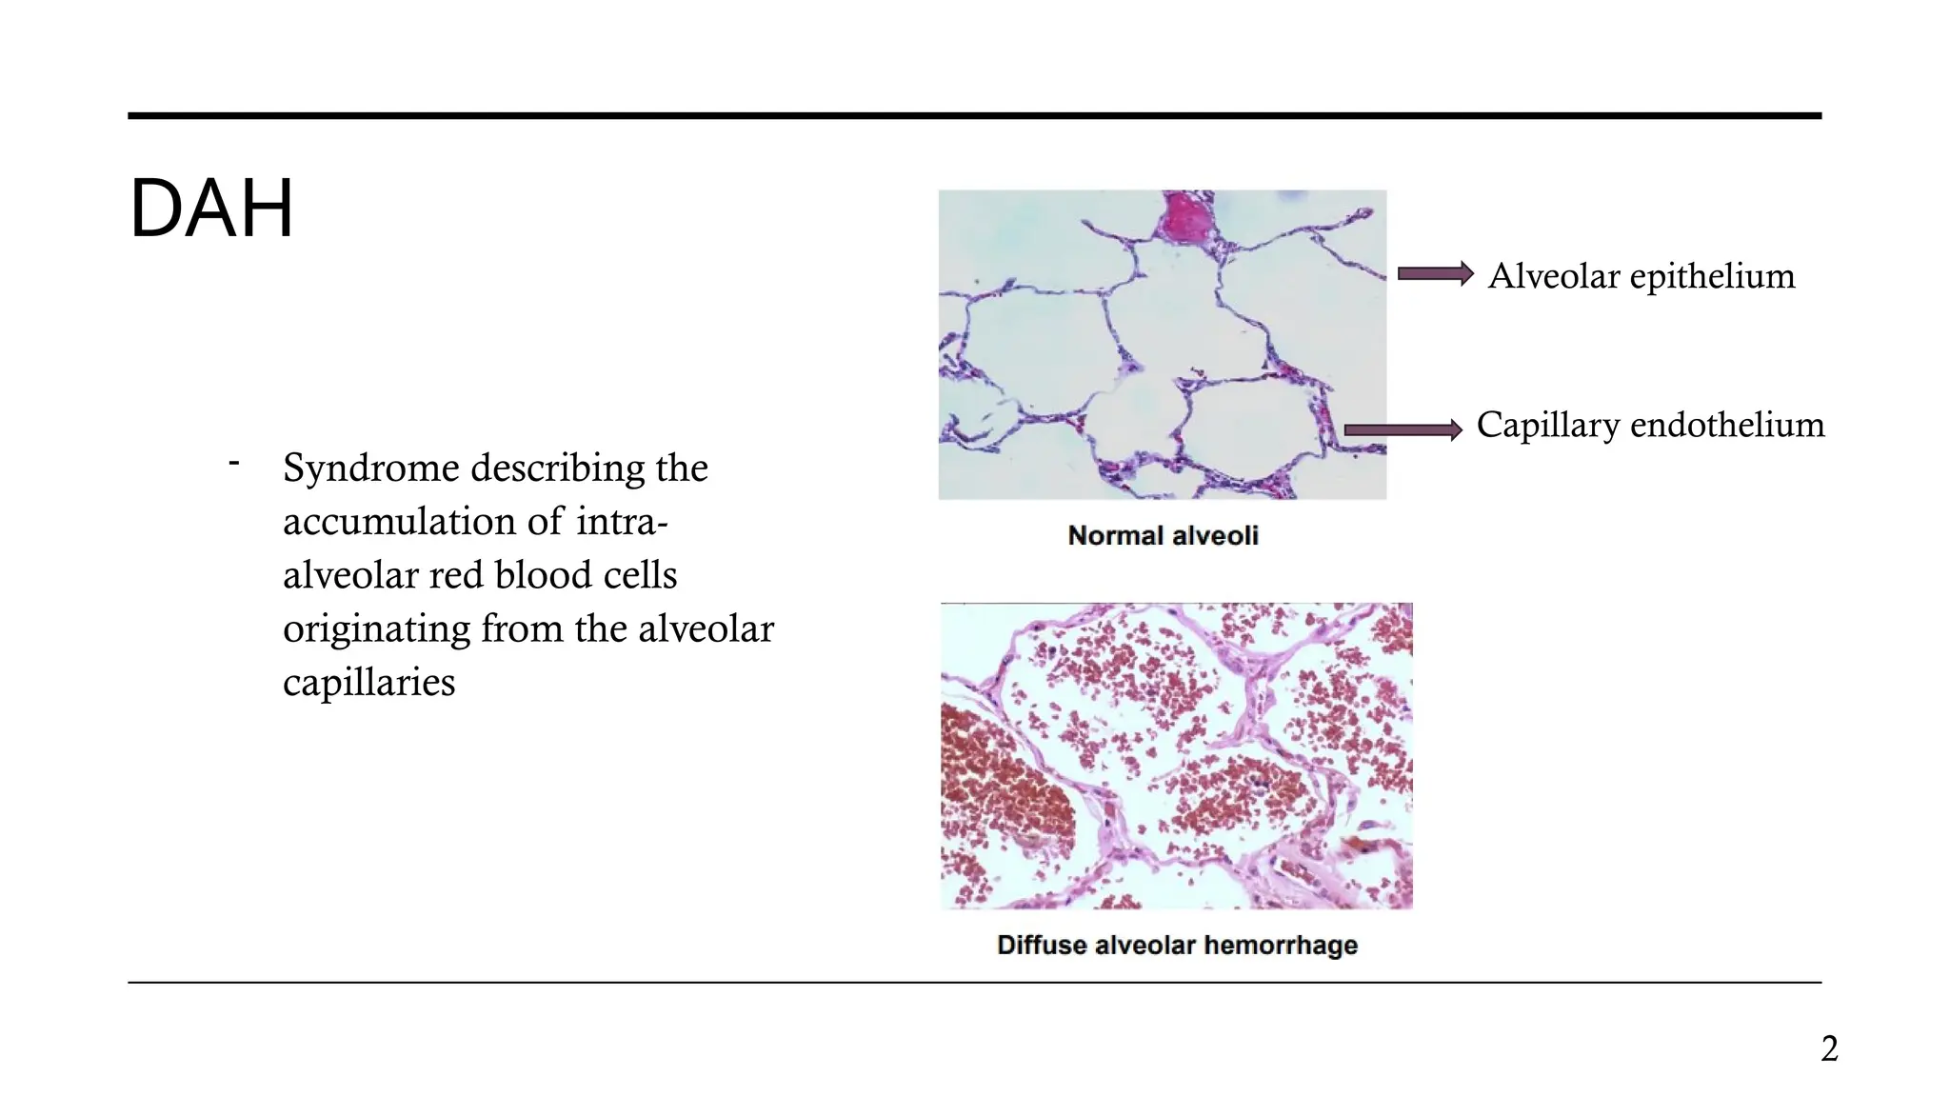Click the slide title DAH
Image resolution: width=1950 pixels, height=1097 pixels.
click(x=210, y=209)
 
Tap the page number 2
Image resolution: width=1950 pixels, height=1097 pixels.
click(x=1829, y=1048)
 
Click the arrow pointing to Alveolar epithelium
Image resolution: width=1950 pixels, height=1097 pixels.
click(x=1435, y=274)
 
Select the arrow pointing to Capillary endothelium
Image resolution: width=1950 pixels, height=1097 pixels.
click(x=1403, y=430)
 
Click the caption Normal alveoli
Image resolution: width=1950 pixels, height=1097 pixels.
click(x=1163, y=535)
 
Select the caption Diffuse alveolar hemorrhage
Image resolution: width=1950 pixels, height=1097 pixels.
click(x=1177, y=945)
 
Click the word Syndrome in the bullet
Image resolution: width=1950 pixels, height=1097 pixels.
click(x=371, y=469)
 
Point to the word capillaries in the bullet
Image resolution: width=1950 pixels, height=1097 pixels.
click(x=369, y=683)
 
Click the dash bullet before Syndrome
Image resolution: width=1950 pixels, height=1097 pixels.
click(x=233, y=464)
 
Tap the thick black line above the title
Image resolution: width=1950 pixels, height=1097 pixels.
click(x=974, y=116)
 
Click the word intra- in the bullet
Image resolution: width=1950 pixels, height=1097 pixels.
click(x=622, y=522)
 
